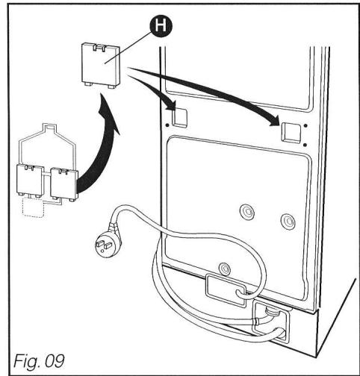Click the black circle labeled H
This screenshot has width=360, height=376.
pos(158,28)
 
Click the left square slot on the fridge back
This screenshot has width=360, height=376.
pos(176,115)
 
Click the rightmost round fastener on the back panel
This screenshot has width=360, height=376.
pos(285,222)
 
